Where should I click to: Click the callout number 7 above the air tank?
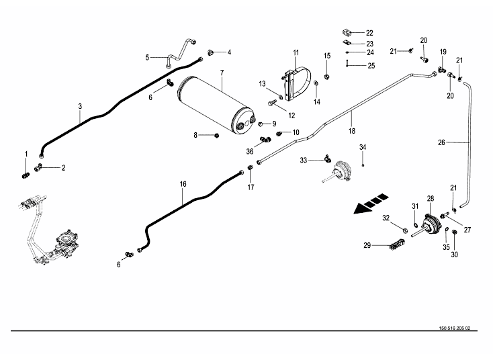[x=221, y=72]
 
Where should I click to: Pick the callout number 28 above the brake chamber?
[x=431, y=198]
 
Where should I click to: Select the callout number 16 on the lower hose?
[x=182, y=183]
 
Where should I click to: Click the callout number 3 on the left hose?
[x=80, y=107]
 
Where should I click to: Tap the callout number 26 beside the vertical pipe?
[x=441, y=142]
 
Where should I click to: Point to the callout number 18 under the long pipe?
[x=351, y=132]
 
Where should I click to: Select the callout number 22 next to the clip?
[x=369, y=33]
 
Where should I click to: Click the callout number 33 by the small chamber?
[x=303, y=160]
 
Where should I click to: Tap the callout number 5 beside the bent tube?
[x=146, y=57]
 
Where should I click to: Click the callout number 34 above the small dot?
[x=363, y=147]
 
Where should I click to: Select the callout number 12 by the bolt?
[x=292, y=115]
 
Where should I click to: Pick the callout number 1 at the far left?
[x=27, y=154]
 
